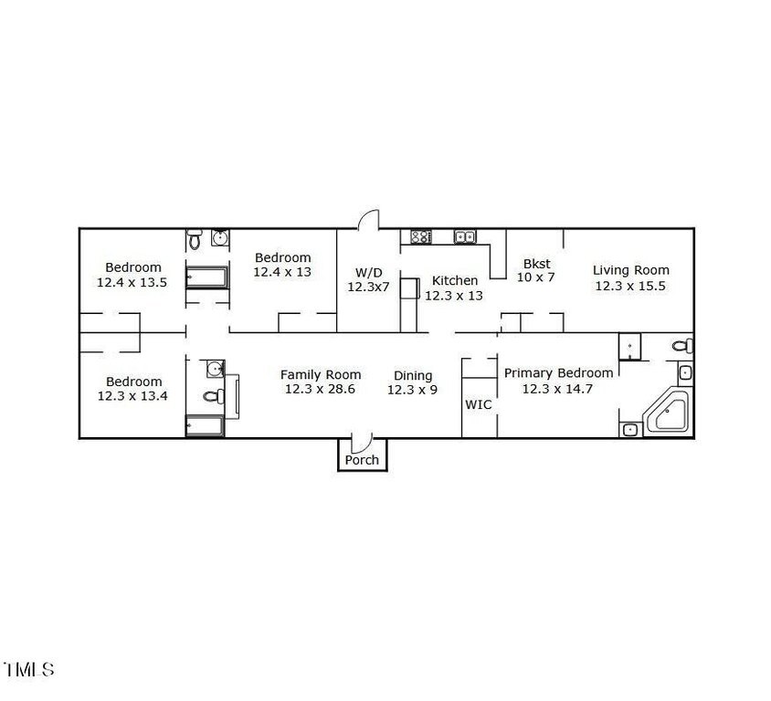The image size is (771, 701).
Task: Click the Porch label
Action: coord(362,460)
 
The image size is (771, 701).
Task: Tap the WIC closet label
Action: coord(479,404)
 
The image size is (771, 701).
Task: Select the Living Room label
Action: coord(631,269)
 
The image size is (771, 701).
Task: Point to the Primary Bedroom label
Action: coord(558,372)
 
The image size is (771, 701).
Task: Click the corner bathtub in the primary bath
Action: coord(667,410)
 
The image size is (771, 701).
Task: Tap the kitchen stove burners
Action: coord(421,236)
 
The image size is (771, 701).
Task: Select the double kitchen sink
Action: coord(465,236)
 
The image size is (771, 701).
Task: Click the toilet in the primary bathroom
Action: coord(683,346)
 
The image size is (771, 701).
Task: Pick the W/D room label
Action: coord(369,272)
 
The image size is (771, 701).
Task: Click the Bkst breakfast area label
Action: coord(537,263)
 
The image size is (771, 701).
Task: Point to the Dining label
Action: coord(413,376)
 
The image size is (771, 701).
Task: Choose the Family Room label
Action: coord(321,375)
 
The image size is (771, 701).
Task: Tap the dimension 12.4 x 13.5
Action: coord(132,282)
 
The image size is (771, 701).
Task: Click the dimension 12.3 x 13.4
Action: coord(132,396)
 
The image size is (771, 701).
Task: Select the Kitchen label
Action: coord(455,280)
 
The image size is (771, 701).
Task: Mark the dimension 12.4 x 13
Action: coord(282,272)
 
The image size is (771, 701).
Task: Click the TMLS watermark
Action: coord(28,669)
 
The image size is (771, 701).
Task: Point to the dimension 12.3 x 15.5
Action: coord(630,286)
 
